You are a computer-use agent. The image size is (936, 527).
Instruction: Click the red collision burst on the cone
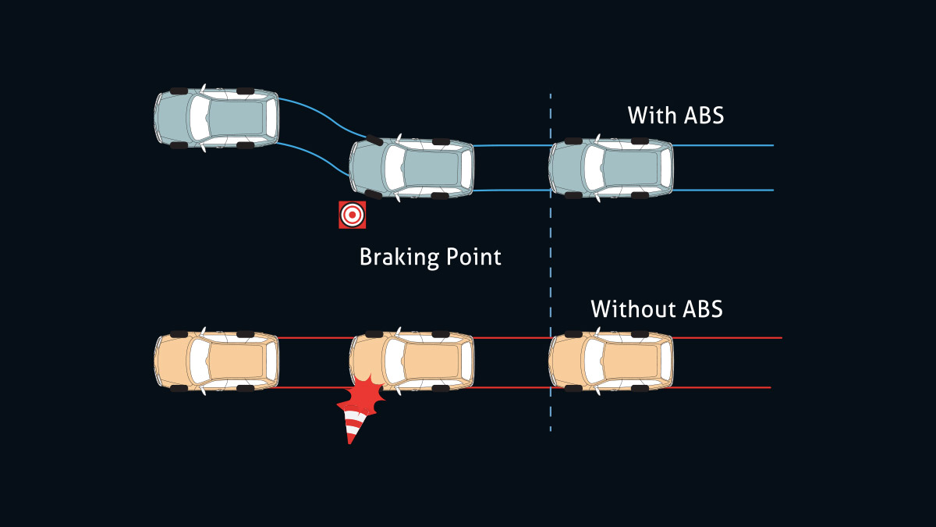click(x=362, y=396)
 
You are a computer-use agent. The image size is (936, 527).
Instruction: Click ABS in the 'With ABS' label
click(x=704, y=116)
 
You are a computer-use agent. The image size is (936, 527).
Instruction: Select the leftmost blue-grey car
click(x=217, y=118)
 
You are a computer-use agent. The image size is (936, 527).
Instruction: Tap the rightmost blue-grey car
click(x=612, y=168)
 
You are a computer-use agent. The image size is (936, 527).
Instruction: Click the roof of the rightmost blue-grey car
click(x=629, y=168)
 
